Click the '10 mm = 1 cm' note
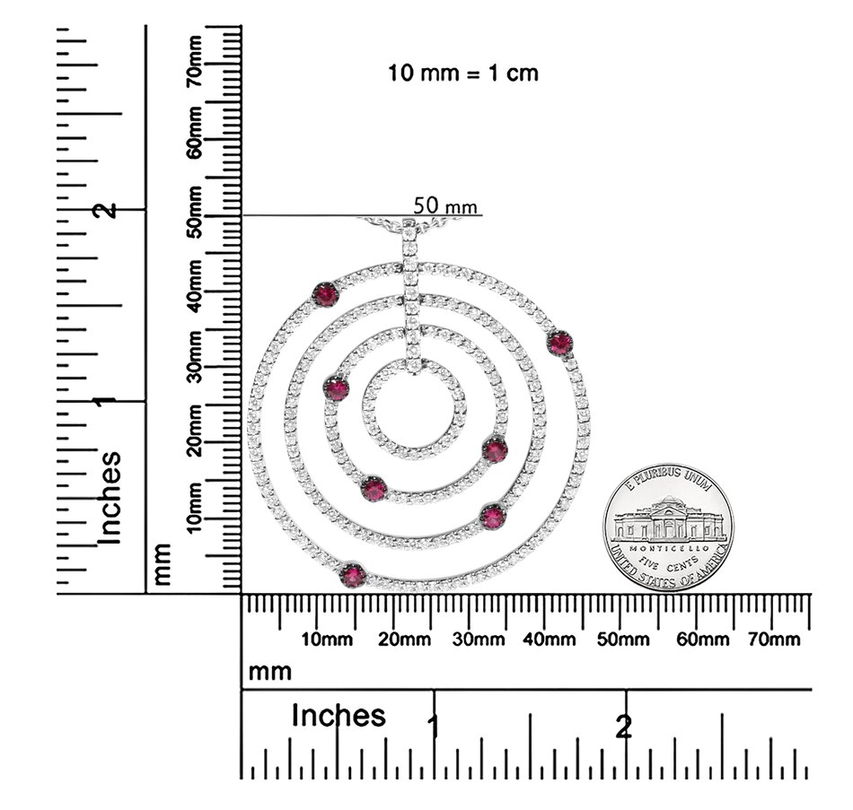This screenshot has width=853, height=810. [x=463, y=73]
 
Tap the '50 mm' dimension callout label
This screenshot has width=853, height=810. [x=445, y=206]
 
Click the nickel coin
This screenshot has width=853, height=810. [x=668, y=527]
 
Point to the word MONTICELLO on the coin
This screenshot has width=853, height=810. [x=669, y=548]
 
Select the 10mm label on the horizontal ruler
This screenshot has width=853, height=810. [x=327, y=640]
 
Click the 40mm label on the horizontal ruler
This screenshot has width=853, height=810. [x=549, y=640]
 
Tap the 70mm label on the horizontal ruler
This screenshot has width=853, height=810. [x=774, y=640]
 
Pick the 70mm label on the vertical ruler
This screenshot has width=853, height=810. [x=195, y=61]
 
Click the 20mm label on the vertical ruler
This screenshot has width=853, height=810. [x=195, y=431]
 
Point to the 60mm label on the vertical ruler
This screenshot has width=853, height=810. [x=195, y=133]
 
